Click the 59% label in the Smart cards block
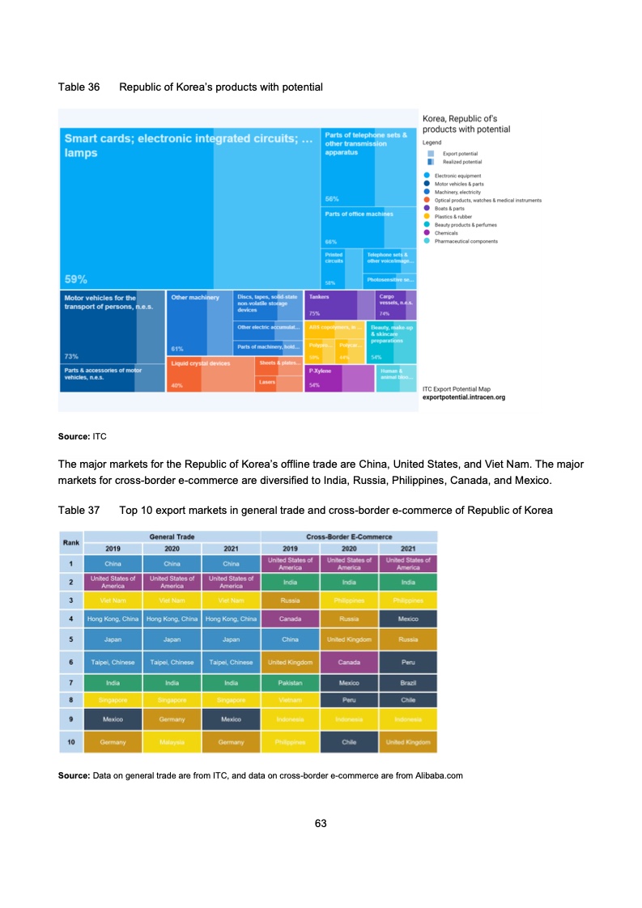[75, 279]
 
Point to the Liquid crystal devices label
[200, 363]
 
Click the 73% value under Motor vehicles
[71, 356]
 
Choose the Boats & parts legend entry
[448, 208]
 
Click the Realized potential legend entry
[457, 162]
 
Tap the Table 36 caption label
[79, 87]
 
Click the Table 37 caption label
[79, 511]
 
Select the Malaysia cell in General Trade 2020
[172, 741]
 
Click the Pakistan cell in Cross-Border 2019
[291, 683]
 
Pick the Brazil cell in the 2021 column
[408, 683]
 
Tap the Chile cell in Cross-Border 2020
[349, 741]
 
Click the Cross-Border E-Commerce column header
[349, 536]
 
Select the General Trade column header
[172, 536]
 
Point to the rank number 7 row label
[71, 683]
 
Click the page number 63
[321, 823]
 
